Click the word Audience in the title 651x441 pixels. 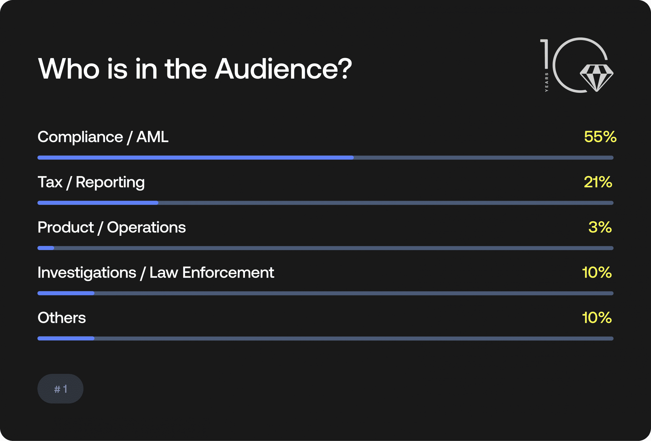(x=283, y=69)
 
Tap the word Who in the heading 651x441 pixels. (x=69, y=69)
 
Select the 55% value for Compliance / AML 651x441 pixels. (x=600, y=137)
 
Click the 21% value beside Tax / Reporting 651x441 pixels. (x=598, y=182)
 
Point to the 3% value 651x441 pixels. (x=600, y=227)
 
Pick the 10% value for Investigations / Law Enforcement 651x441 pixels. (x=597, y=272)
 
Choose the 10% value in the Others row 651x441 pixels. (x=597, y=318)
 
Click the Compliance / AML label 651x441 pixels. (x=103, y=137)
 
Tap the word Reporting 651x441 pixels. (x=110, y=183)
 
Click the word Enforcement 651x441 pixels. (x=228, y=272)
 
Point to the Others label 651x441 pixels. (x=62, y=318)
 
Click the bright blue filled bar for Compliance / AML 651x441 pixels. (x=195, y=157)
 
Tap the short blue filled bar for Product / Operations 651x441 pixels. (x=46, y=248)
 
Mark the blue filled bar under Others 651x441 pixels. (x=66, y=339)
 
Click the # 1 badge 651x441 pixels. (x=60, y=389)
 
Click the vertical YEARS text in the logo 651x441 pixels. (x=546, y=82)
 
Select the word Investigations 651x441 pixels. (x=87, y=273)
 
